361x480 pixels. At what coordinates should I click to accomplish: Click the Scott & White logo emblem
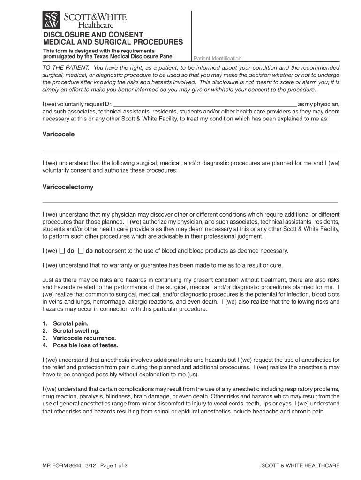coord(52,20)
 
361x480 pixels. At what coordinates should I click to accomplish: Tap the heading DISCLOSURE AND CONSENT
coord(93,35)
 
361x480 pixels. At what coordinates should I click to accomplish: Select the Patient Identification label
coord(218,59)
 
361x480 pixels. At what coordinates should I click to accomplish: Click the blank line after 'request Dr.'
coord(205,104)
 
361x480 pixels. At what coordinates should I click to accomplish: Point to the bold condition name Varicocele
coord(59,134)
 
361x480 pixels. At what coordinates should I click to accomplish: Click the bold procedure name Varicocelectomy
coord(68,187)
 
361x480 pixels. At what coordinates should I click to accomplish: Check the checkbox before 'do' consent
coord(62,251)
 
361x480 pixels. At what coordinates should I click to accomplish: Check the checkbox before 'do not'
coord(81,251)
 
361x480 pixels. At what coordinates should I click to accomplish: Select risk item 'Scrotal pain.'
coord(70,323)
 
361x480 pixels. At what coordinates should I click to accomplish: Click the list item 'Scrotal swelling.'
coord(76,331)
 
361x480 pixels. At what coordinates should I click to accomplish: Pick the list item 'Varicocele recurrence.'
coord(84,338)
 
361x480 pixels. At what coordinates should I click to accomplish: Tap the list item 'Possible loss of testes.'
coord(85,345)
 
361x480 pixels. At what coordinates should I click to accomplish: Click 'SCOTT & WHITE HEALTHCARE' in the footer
coord(300,466)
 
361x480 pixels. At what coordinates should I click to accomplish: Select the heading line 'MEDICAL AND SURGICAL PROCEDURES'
coord(113,42)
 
